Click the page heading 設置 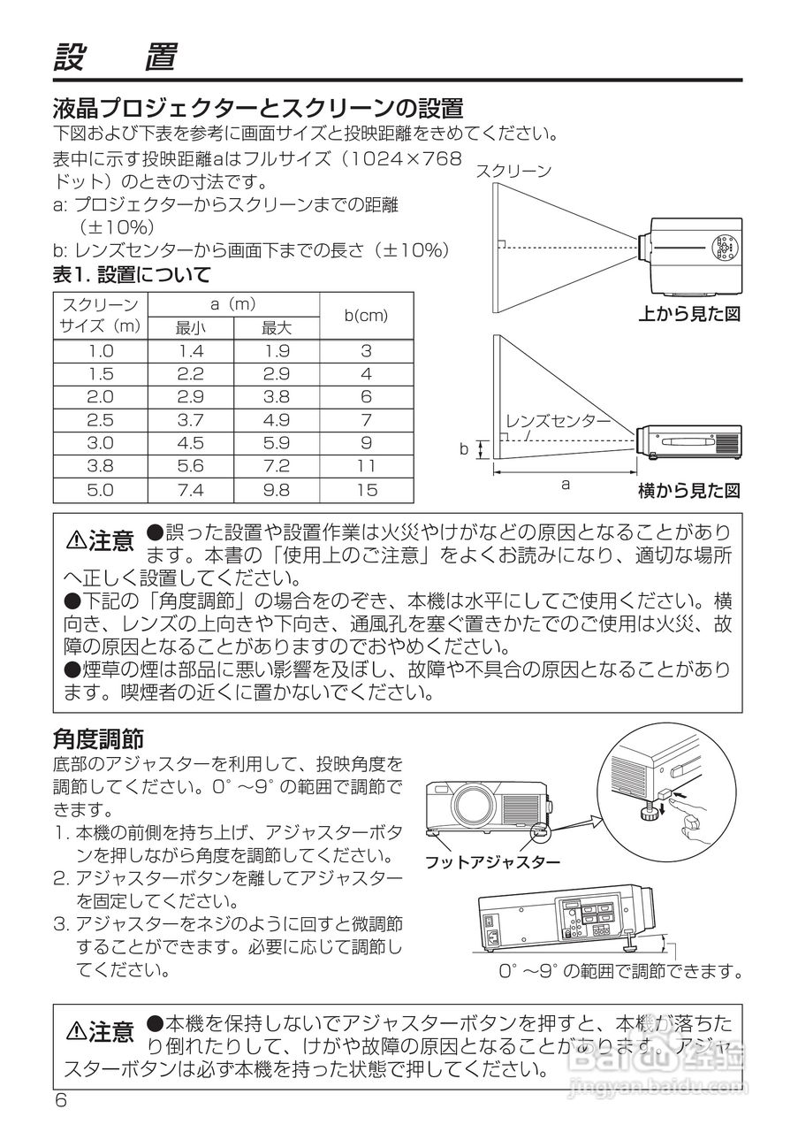pyautogui.click(x=115, y=57)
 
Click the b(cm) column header pyautogui.click(x=366, y=316)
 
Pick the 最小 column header pyautogui.click(x=190, y=328)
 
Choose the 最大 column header pyautogui.click(x=277, y=328)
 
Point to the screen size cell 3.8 pyautogui.click(x=101, y=466)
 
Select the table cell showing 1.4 pyautogui.click(x=190, y=351)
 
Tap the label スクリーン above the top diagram pyautogui.click(x=513, y=172)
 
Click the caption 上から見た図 pyautogui.click(x=689, y=313)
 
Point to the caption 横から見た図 pyautogui.click(x=689, y=490)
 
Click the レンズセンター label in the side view pyautogui.click(x=558, y=421)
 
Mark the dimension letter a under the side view pyautogui.click(x=566, y=484)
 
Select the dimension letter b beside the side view pyautogui.click(x=463, y=449)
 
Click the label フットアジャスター pyautogui.click(x=492, y=861)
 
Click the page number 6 pyautogui.click(x=61, y=1100)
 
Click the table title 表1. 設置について pyautogui.click(x=132, y=274)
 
